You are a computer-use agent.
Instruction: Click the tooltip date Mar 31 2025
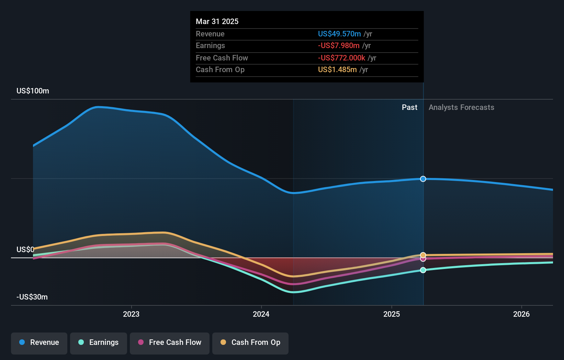pos(217,21)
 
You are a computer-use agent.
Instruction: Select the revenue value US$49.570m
pos(339,34)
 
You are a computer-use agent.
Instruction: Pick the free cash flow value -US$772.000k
pos(341,58)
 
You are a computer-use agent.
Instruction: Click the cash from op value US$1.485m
pos(337,70)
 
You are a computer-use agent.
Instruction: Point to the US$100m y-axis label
pos(33,91)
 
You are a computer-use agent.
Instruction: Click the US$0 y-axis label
pos(25,249)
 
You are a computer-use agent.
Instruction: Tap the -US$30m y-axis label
pos(32,297)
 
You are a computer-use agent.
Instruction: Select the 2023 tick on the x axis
pos(131,314)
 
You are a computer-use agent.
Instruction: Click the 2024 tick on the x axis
pos(261,314)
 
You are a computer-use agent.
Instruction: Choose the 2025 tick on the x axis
pos(392,314)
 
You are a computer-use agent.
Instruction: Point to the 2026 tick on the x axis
pos(521,314)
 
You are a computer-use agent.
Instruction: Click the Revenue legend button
pos(39,342)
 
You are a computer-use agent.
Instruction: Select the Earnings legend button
pos(99,342)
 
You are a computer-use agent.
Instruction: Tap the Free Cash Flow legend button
pos(170,342)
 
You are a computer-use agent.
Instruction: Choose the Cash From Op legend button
pos(250,342)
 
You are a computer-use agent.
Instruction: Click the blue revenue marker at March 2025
pos(423,179)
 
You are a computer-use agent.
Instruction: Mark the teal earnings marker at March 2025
pos(423,270)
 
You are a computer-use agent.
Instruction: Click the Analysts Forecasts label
pos(461,108)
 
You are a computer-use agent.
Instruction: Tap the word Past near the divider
pos(409,108)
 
